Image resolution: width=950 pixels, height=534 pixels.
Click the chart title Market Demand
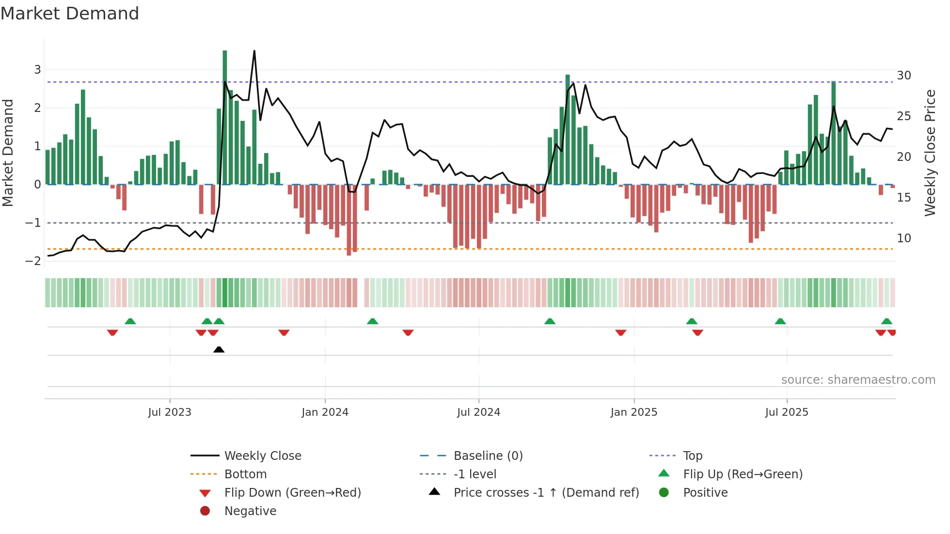tap(70, 14)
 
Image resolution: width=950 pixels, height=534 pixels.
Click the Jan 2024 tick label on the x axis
tap(325, 412)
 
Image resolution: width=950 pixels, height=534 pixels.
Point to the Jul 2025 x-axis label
tap(787, 412)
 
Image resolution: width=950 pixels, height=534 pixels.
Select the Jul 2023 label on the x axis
tap(170, 412)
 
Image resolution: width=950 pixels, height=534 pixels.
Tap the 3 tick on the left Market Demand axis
tap(37, 70)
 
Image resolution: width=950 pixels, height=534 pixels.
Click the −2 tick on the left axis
tap(33, 261)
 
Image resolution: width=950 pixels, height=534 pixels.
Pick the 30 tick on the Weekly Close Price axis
tap(903, 76)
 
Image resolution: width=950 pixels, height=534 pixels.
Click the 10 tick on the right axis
tap(903, 238)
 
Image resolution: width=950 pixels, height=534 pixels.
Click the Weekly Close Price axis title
tap(930, 153)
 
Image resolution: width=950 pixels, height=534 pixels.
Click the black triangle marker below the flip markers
tap(219, 349)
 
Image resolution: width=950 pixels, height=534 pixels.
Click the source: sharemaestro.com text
tap(858, 380)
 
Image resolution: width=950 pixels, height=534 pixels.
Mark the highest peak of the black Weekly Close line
tap(254, 51)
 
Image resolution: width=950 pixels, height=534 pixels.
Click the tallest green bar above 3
tap(225, 53)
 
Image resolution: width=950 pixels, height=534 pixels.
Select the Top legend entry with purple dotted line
tap(693, 456)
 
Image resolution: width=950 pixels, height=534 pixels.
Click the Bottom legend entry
tap(245, 474)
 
